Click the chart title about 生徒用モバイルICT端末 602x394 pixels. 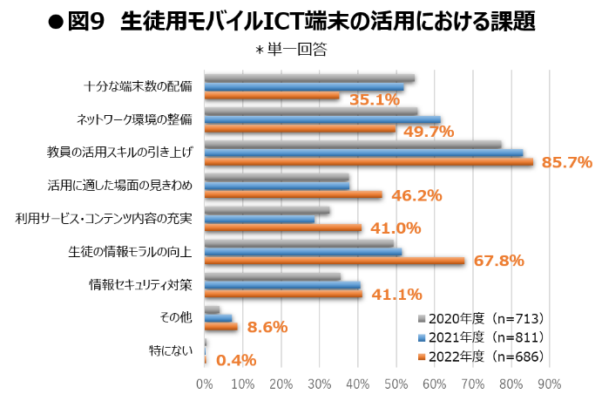pos(301,18)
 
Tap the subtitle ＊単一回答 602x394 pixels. pos(290,50)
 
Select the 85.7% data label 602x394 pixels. pos(566,162)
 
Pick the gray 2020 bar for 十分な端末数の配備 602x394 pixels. pos(309,78)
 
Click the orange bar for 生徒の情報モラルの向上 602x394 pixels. pos(335,261)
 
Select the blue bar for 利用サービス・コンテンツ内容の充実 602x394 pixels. pos(260,219)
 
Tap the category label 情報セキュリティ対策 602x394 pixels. pos(140,284)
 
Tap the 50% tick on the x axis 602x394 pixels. pos(396,383)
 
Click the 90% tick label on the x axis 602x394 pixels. pos(549,383)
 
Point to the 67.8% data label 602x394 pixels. pos(498,261)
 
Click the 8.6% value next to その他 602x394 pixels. pos(267,328)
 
